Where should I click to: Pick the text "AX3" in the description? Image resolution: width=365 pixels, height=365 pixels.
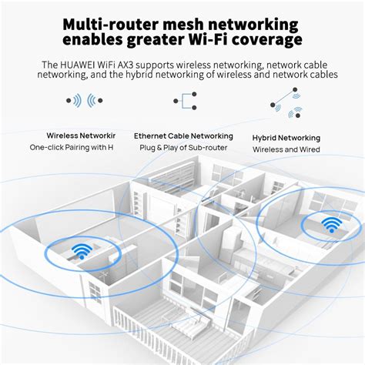click(x=135, y=65)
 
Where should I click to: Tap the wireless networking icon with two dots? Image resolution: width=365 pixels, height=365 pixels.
click(x=85, y=101)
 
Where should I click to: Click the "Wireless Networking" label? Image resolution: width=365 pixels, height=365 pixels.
click(x=75, y=135)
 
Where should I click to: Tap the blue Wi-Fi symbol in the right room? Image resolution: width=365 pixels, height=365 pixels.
click(x=332, y=225)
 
